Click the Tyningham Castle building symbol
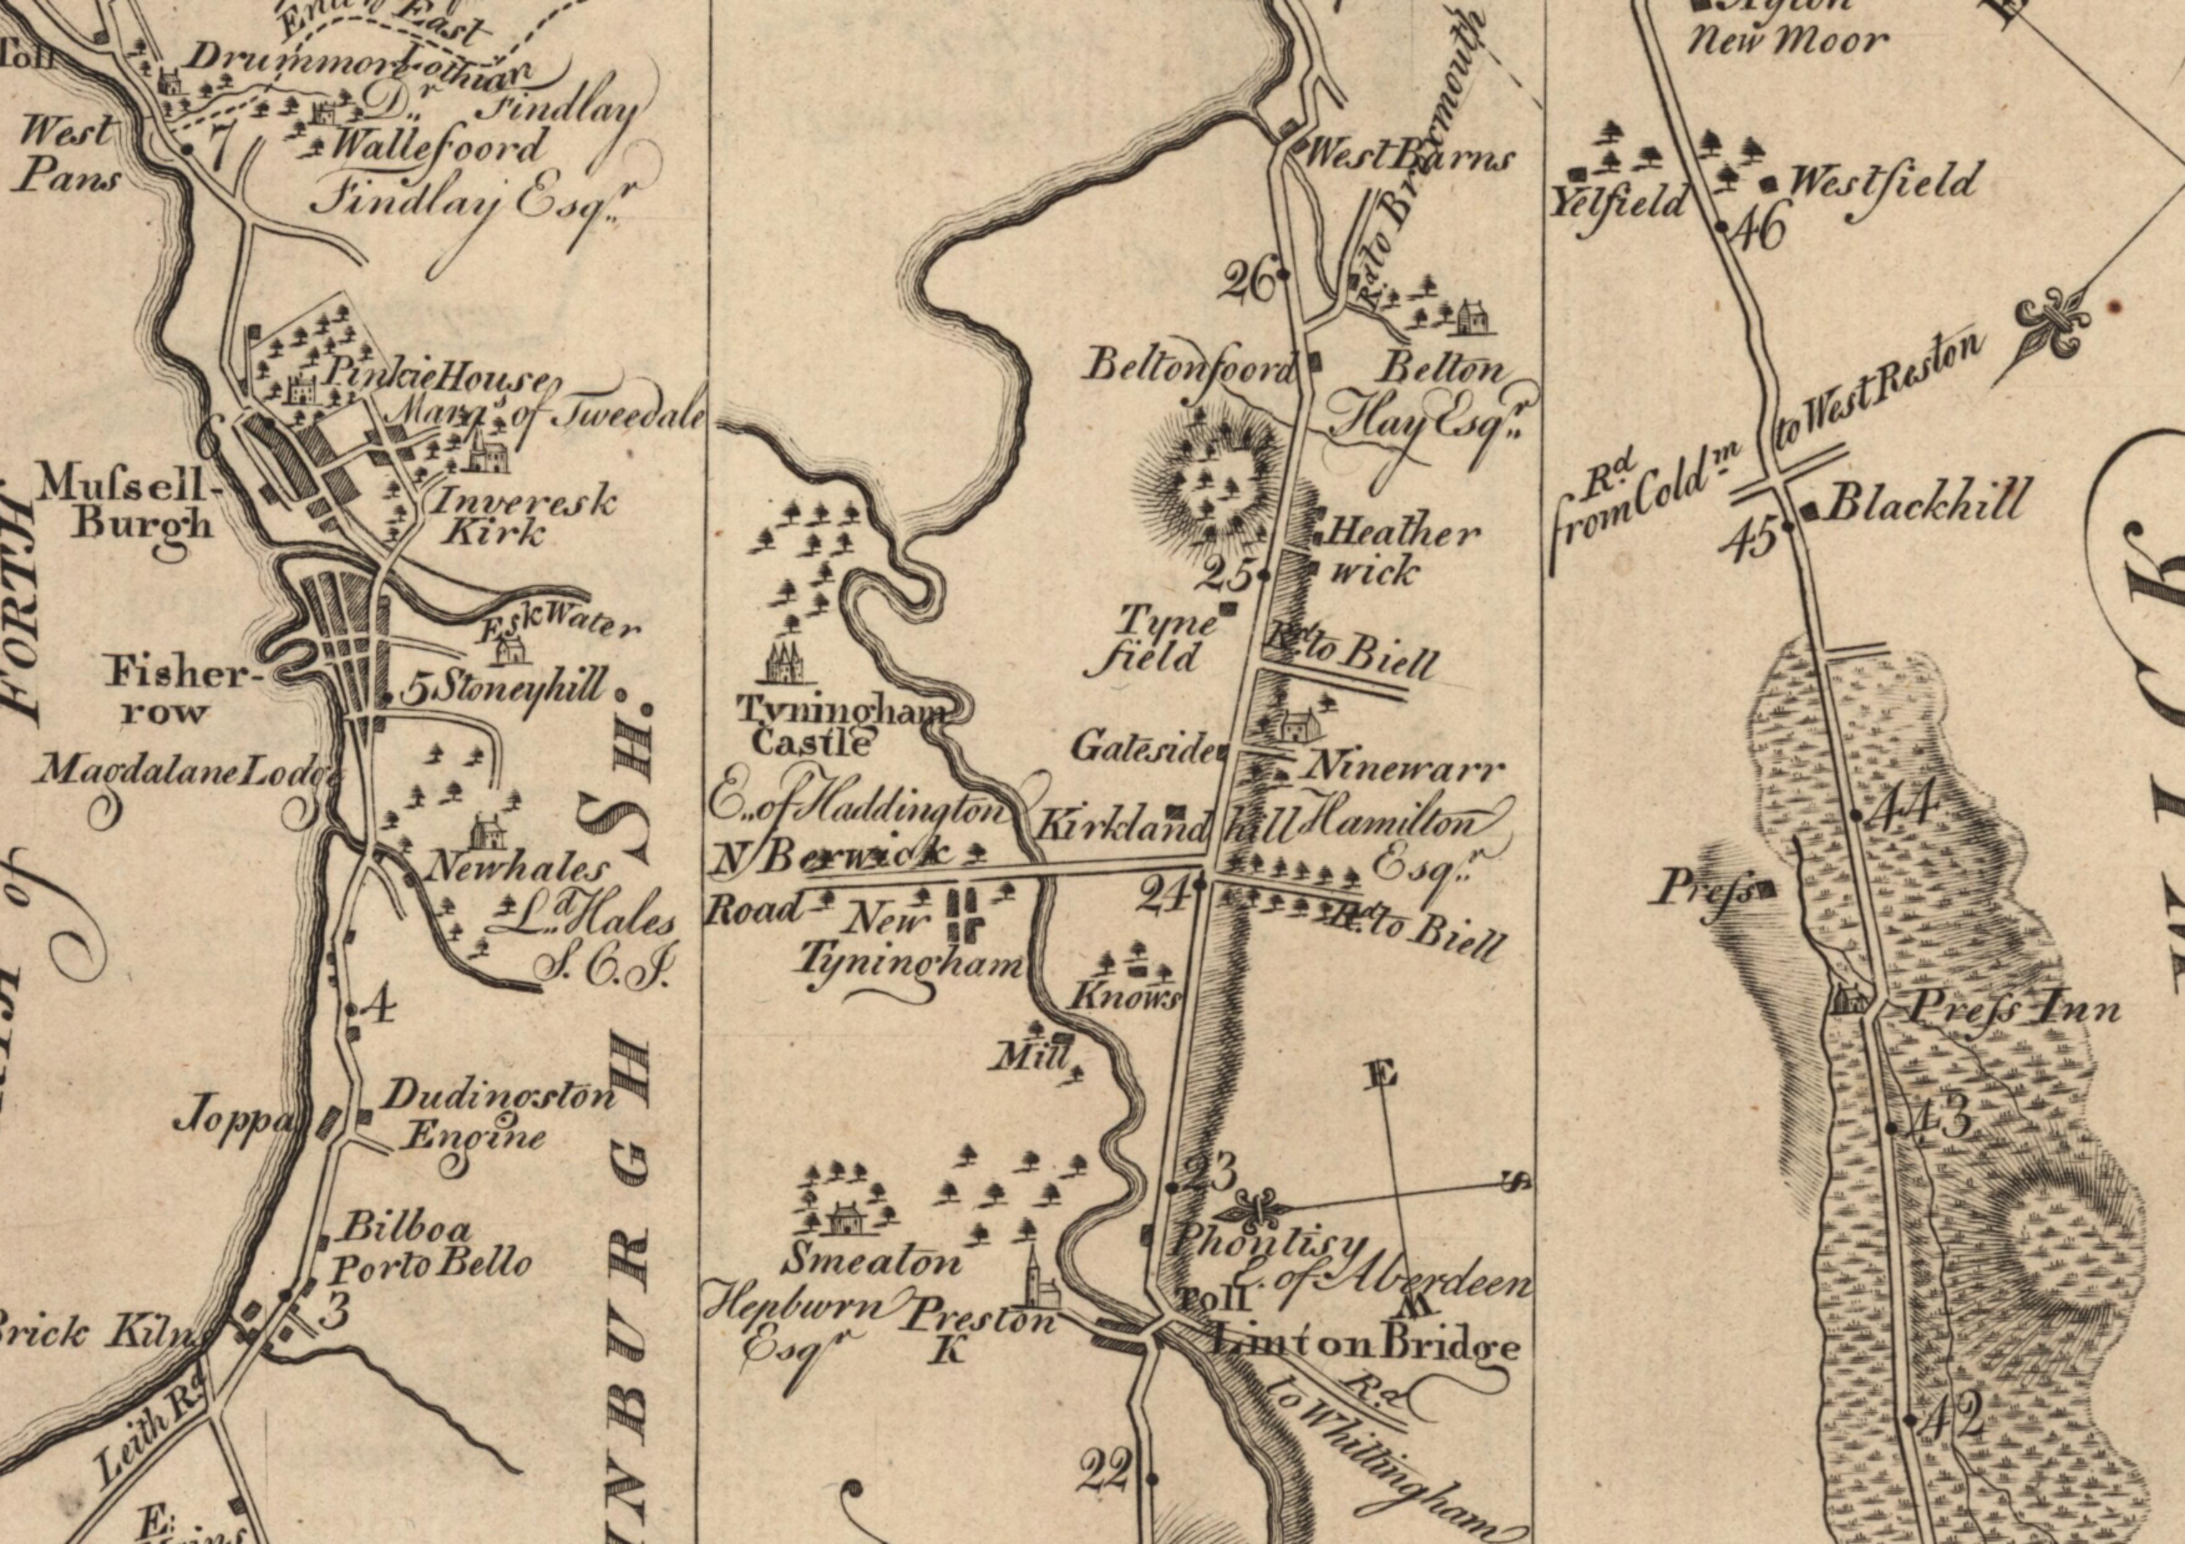[x=784, y=661]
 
